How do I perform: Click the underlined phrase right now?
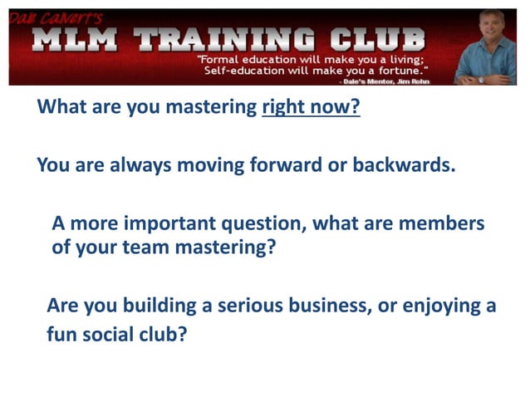coord(311,108)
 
